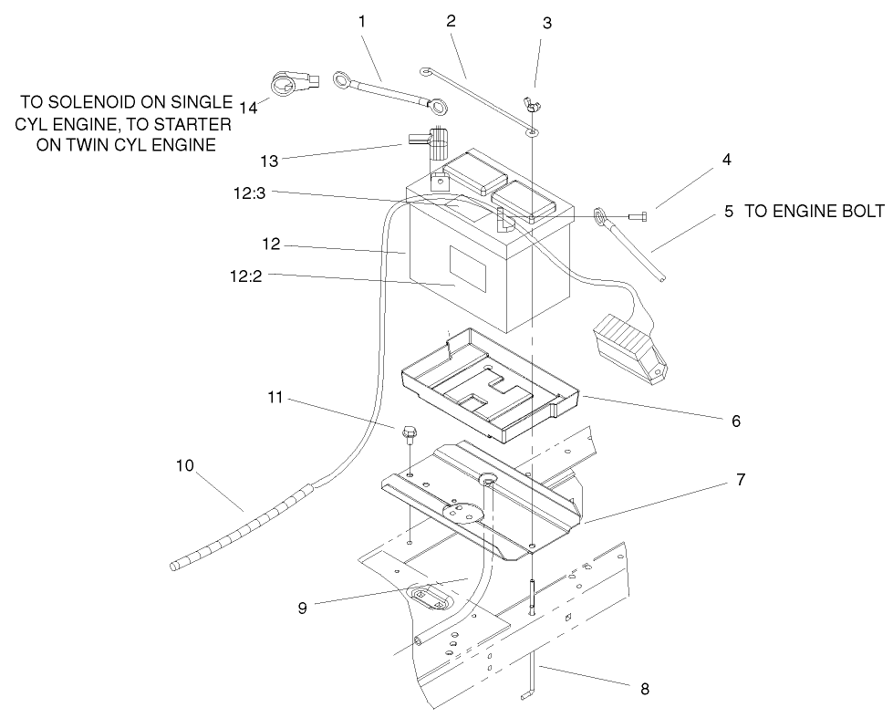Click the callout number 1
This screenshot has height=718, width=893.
pos(362,19)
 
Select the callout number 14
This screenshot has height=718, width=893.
pos(248,107)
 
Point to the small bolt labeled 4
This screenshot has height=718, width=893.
pos(639,216)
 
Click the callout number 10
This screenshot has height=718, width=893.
pos(185,466)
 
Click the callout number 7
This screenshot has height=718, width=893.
pos(741,479)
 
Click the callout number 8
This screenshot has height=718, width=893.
pos(645,689)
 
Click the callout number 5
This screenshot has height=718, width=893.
pos(728,212)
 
